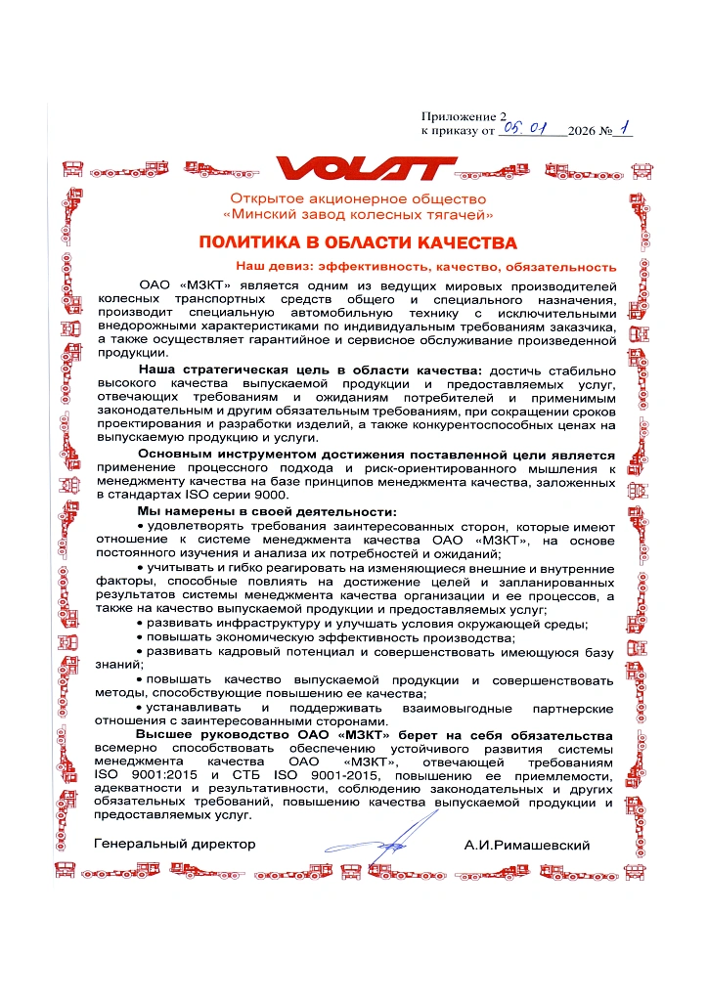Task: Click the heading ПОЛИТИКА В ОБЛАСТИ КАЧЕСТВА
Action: [358, 242]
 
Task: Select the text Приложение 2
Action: [465, 115]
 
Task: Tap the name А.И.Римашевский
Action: [527, 846]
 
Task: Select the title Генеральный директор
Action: [175, 844]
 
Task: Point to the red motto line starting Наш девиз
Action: [425, 266]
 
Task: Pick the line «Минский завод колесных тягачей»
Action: [358, 213]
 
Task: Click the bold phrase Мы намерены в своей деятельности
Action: [267, 512]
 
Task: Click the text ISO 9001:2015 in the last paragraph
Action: [145, 774]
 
